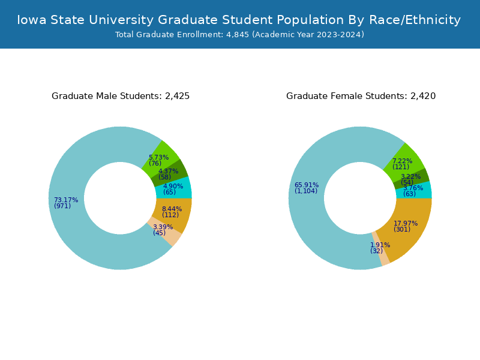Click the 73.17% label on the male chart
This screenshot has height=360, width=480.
[66, 200]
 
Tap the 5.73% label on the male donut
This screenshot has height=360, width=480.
[159, 157]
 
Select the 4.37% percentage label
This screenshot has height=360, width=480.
[168, 171]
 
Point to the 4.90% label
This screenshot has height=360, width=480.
[173, 186]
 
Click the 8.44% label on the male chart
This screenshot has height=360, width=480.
[172, 209]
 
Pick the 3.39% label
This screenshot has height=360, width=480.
[163, 227]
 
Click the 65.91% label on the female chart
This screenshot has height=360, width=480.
[307, 185]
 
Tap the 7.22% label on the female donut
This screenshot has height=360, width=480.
[402, 161]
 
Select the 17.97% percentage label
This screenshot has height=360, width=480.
[406, 223]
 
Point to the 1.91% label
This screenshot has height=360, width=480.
[380, 245]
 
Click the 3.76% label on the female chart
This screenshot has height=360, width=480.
[413, 188]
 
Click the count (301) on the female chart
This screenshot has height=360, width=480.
[402, 229]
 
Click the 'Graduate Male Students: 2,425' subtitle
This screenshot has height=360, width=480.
[121, 96]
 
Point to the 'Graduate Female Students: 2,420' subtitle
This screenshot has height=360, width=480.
[361, 96]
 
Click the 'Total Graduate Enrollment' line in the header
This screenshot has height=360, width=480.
[239, 35]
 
